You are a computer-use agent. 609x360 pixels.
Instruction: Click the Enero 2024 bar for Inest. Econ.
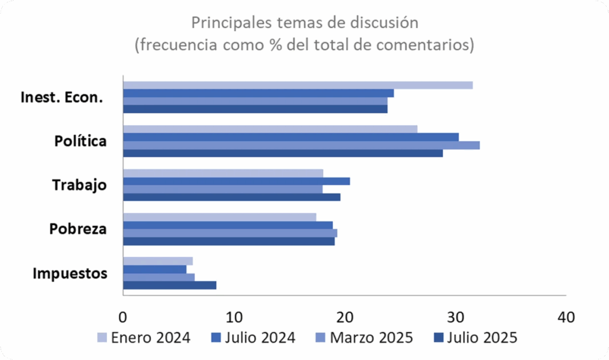pos(297,85)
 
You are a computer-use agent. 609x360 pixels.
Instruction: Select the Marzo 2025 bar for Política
pos(301,145)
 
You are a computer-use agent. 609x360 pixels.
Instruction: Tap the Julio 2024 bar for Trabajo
pos(236,181)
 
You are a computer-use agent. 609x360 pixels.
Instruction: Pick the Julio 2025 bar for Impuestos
pos(169,285)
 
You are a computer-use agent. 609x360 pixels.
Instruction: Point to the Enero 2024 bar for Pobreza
pos(219,217)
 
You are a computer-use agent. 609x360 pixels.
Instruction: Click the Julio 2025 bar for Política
pos(282,153)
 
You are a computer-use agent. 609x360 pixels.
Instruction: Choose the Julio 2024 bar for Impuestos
pos(155,269)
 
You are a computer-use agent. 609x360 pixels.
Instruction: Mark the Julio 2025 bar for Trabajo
pos(231,197)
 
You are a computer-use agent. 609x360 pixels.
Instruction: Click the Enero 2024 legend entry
pos(143,337)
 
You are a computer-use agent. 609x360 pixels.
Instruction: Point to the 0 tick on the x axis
pos(123,317)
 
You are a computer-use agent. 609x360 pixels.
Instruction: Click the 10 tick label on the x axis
pos(234,317)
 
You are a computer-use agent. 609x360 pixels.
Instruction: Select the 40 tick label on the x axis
pos(566,317)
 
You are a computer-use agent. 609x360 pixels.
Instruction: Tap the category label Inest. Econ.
pos(62,98)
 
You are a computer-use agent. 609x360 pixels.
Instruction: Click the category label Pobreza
pos(78,229)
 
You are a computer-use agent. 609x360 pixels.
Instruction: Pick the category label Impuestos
pos(70,274)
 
